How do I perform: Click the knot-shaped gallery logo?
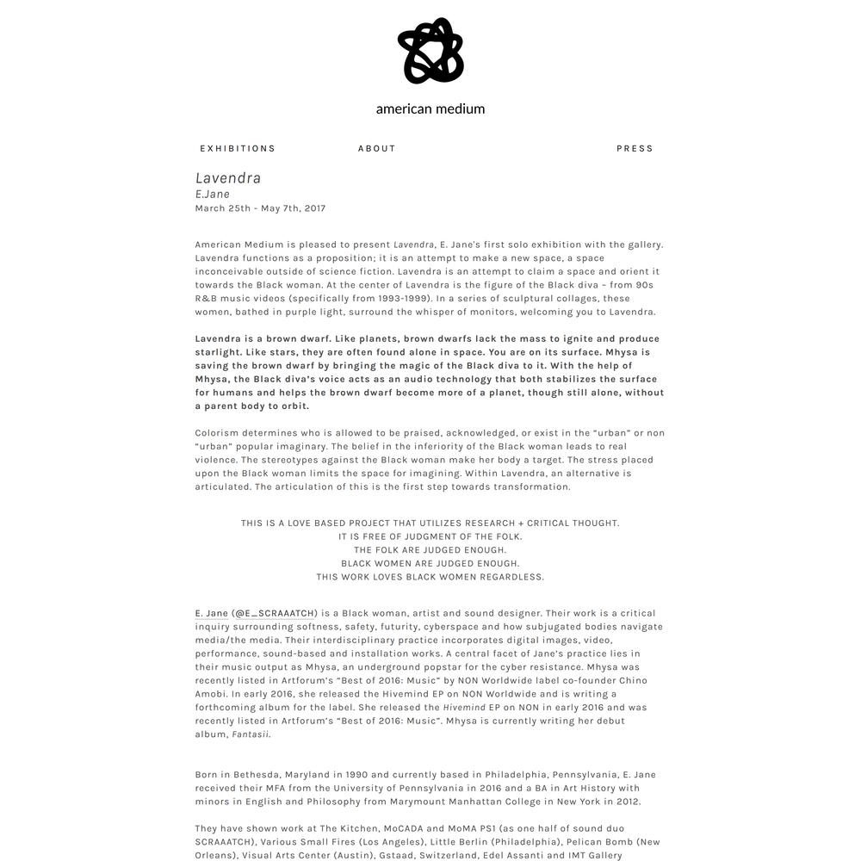[430, 52]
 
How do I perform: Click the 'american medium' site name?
[430, 109]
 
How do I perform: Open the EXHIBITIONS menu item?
[238, 148]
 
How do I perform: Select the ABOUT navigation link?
[377, 148]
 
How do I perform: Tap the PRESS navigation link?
[635, 148]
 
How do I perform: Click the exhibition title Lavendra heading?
[228, 178]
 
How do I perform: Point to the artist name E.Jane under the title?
[213, 195]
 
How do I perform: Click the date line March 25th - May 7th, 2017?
[260, 208]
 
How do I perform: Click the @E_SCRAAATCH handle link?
[275, 614]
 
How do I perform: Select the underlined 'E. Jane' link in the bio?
[212, 614]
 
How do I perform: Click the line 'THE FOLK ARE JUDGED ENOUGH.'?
[430, 550]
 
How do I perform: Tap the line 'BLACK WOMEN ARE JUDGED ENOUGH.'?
[430, 564]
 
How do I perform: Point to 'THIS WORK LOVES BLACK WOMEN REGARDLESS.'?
[430, 577]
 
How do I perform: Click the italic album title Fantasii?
[251, 734]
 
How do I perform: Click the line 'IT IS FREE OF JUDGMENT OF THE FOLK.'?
[430, 536]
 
